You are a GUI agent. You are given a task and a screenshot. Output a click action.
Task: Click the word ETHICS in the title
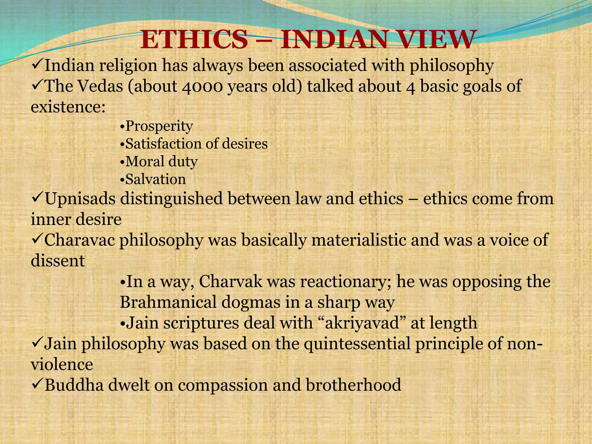pos(194,40)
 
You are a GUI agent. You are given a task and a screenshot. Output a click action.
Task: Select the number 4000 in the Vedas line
pos(202,86)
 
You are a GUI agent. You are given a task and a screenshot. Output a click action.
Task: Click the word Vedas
pos(100,86)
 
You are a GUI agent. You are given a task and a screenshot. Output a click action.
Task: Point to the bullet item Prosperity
pos(159,126)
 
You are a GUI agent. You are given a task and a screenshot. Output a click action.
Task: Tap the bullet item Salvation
pos(156,179)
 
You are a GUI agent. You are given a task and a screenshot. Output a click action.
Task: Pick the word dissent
pos(58,261)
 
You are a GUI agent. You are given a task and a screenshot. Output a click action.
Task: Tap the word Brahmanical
pos(168,302)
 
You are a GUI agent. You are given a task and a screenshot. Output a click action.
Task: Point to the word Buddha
pos(74,385)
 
